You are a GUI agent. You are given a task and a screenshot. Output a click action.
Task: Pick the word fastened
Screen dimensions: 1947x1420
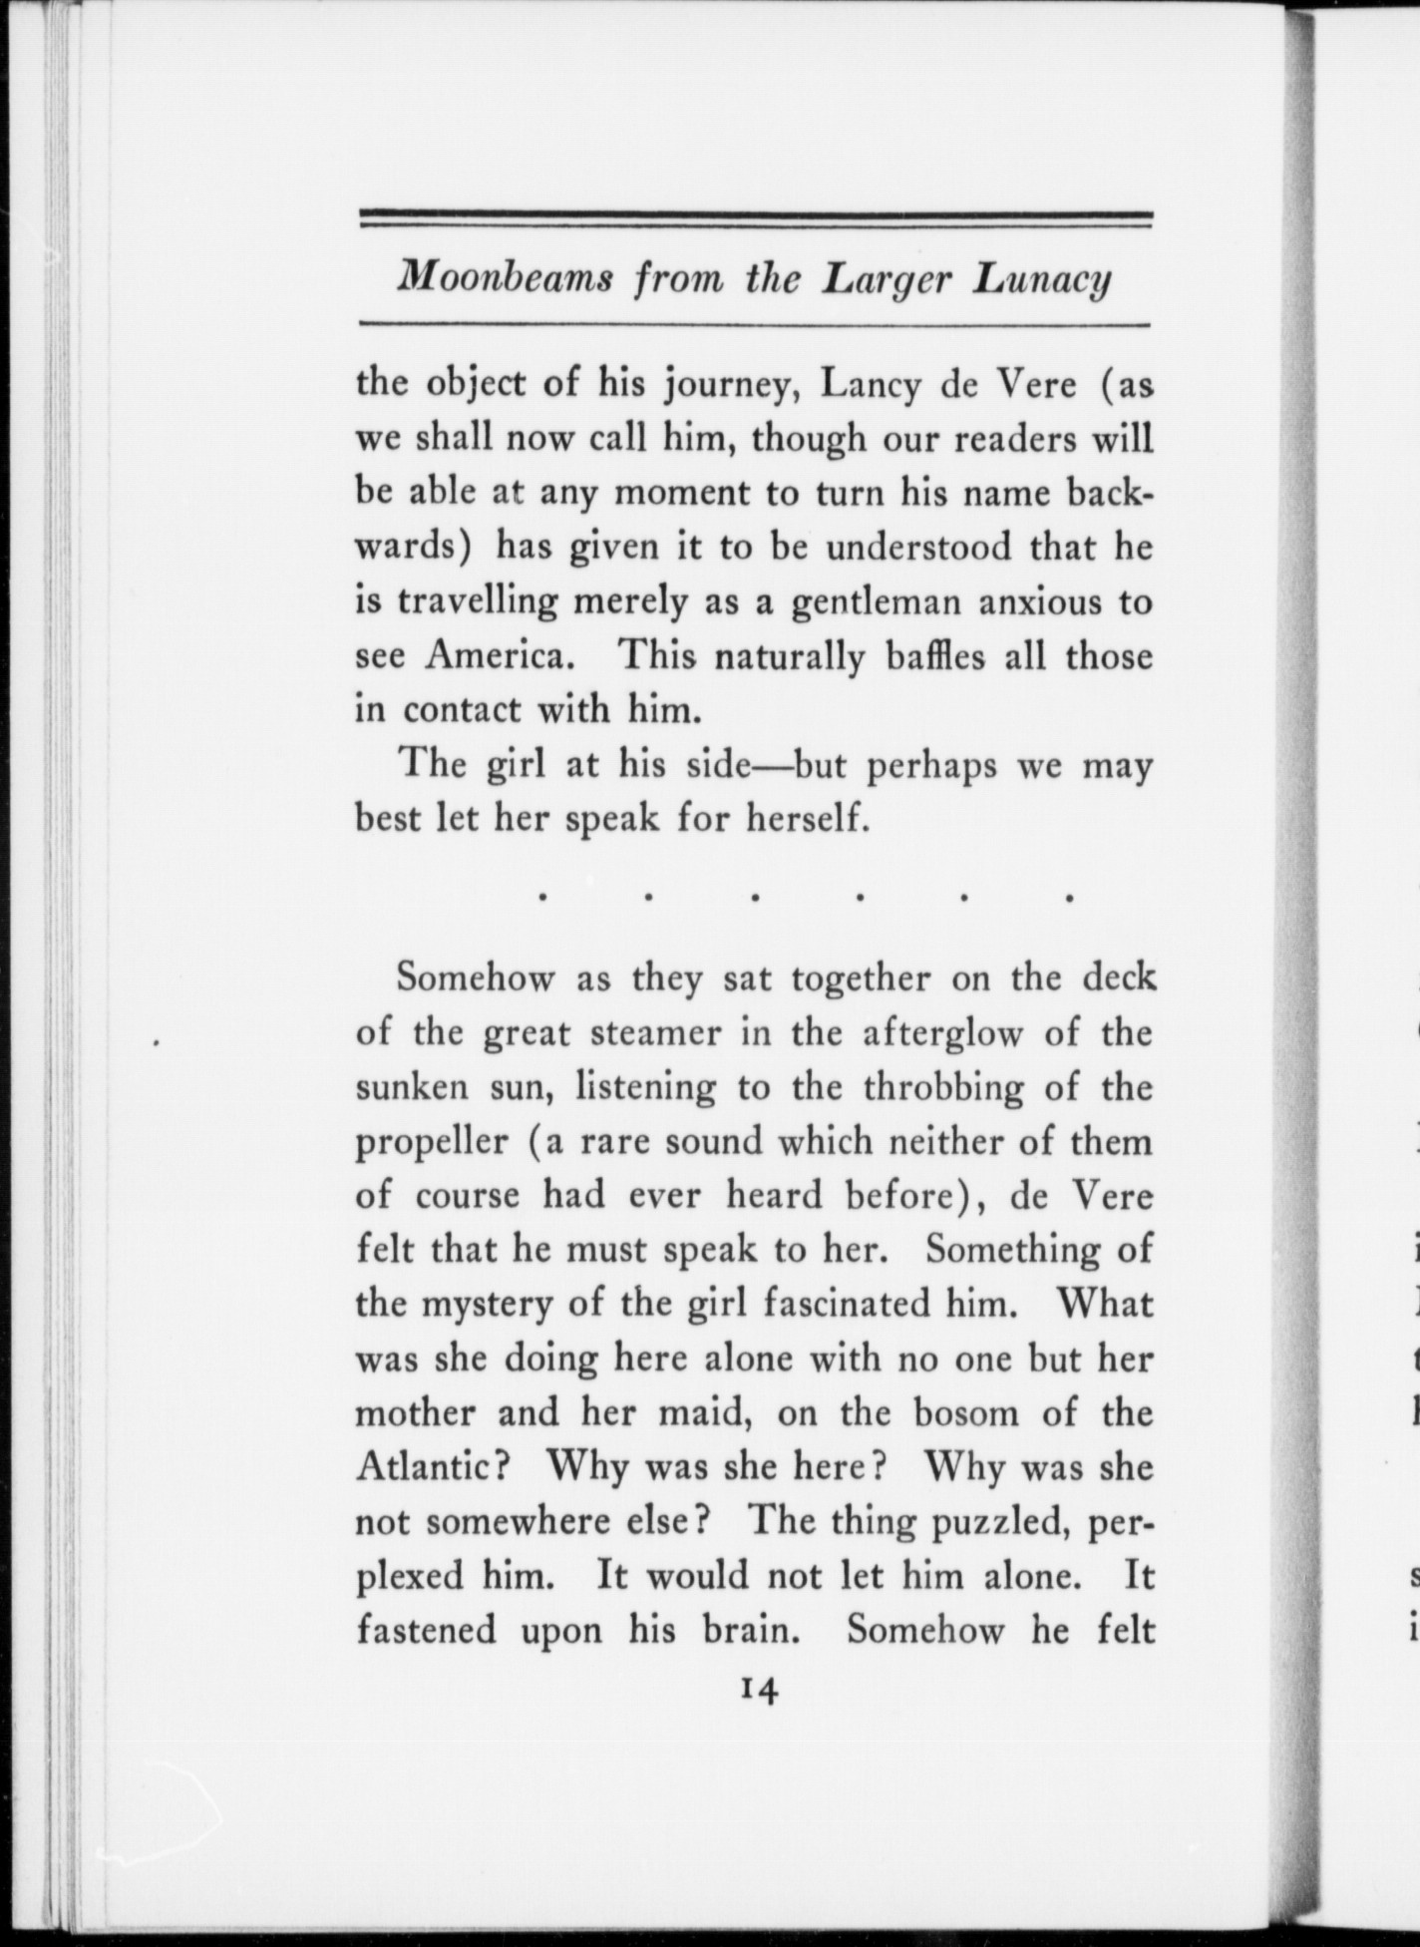[426, 1630]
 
